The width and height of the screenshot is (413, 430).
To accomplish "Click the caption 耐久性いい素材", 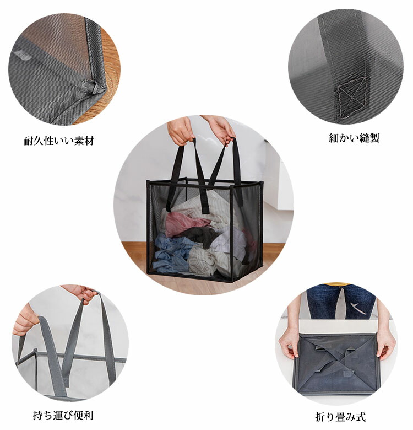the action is click(x=58, y=141).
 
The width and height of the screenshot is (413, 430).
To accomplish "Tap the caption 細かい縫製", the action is click(x=354, y=138).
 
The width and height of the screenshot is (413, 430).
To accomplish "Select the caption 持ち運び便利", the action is click(x=63, y=415).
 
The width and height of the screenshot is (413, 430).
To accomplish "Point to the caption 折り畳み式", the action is click(x=340, y=417).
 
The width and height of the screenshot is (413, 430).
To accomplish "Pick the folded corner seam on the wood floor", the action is click(x=97, y=88).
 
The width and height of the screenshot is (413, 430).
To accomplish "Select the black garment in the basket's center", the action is click(x=202, y=235).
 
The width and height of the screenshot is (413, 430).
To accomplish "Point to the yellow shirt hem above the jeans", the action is click(x=338, y=284).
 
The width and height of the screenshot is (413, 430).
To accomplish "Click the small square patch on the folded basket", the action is click(x=347, y=374).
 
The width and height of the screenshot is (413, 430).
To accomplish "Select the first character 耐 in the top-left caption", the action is click(x=28, y=141).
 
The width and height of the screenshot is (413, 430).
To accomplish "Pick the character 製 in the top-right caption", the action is click(x=374, y=138).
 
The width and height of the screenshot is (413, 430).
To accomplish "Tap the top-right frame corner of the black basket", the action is click(x=261, y=182).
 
